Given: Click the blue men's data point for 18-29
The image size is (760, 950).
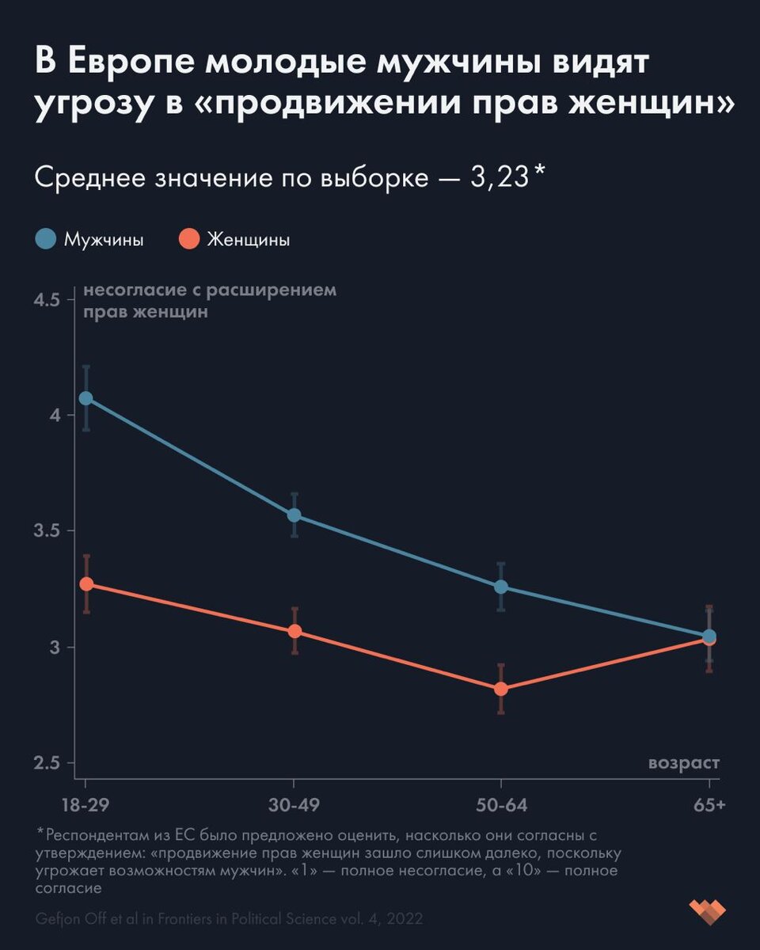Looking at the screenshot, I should click(85, 398).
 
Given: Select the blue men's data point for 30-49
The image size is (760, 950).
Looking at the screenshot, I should click(294, 515).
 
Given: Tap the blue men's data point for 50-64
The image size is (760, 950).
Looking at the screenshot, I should click(501, 587).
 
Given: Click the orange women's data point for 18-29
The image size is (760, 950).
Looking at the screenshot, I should click(85, 584).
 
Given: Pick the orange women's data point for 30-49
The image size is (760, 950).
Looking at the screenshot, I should click(294, 631).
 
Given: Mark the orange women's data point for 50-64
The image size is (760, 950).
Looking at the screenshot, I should click(501, 689).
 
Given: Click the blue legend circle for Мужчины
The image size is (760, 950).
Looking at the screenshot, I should click(46, 239).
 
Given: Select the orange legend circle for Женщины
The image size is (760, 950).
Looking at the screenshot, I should click(188, 239).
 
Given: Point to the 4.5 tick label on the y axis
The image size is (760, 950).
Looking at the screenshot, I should click(47, 301).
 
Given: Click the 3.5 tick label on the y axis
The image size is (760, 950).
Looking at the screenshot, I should click(47, 532).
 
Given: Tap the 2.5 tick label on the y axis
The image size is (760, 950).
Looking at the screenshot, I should click(47, 764).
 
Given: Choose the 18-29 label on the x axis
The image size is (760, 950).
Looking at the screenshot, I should click(85, 806).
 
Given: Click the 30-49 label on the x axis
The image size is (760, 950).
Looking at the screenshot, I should click(294, 806).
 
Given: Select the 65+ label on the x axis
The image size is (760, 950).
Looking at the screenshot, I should click(709, 806).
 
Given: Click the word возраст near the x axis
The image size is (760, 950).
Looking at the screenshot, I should click(684, 763).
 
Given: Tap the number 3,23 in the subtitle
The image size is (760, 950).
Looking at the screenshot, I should click(499, 177).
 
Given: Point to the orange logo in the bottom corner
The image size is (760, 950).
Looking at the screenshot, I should click(707, 910).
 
